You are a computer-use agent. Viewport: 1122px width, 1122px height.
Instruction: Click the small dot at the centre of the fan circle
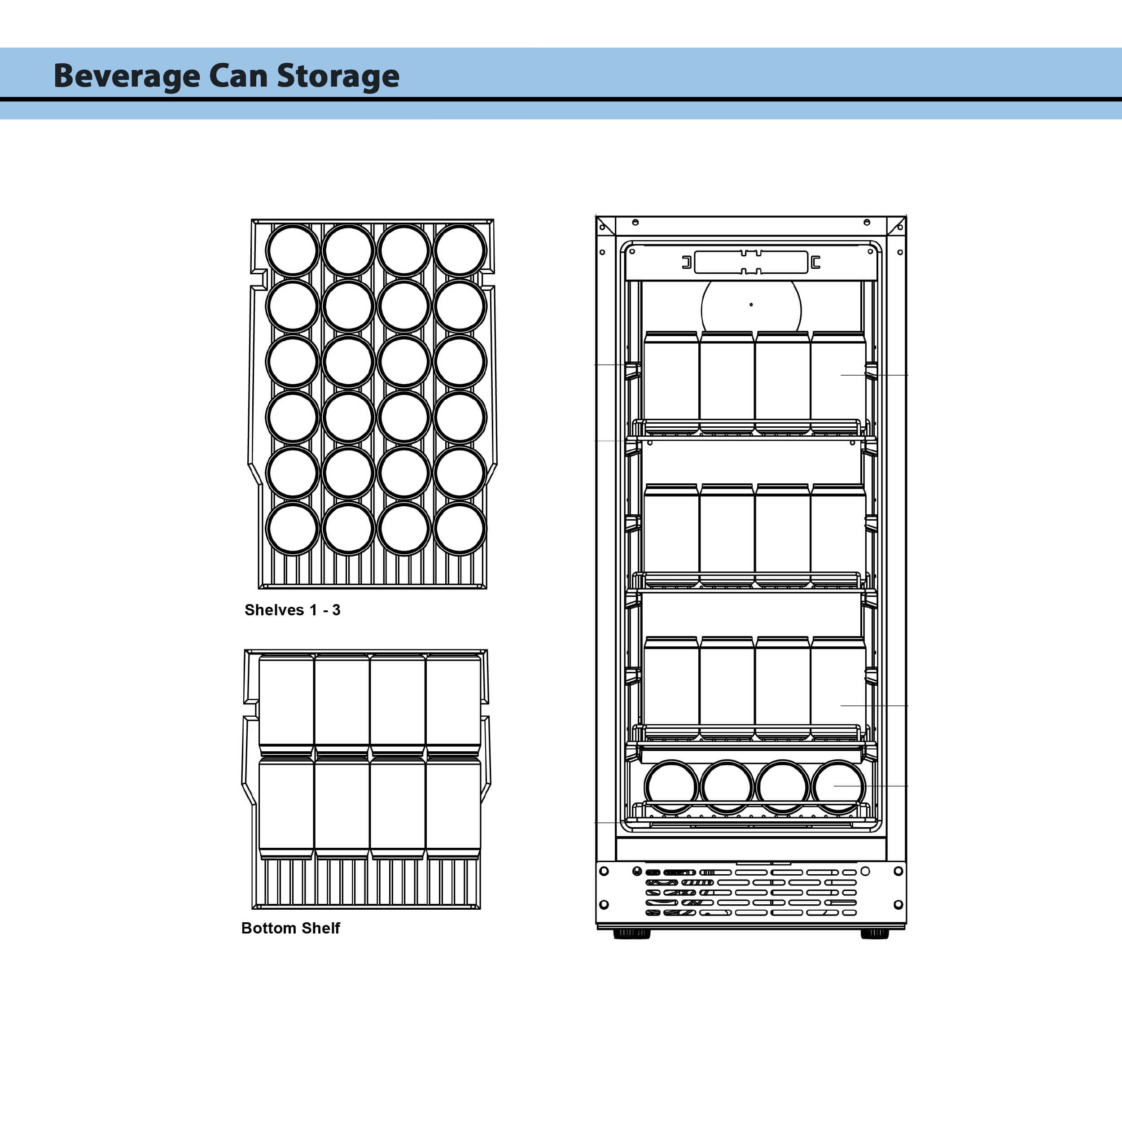point(751,304)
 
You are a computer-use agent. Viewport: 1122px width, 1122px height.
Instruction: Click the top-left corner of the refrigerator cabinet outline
point(596,216)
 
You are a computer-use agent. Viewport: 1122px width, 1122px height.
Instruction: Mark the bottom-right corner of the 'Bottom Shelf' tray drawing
point(480,909)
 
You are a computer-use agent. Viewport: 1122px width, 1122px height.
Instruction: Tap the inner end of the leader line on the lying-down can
point(834,786)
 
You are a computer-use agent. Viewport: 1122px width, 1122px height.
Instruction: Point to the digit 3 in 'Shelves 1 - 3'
point(336,610)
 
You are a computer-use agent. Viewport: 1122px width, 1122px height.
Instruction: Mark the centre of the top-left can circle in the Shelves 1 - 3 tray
point(293,250)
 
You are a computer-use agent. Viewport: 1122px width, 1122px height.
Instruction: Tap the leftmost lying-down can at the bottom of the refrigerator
point(671,786)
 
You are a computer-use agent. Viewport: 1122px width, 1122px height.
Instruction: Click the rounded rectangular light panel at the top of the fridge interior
point(751,263)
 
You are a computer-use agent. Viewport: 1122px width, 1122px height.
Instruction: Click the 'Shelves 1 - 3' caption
point(292,610)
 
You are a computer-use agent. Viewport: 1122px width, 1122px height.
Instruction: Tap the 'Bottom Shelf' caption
point(290,928)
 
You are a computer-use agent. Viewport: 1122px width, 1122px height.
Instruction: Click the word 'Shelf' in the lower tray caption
point(320,928)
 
